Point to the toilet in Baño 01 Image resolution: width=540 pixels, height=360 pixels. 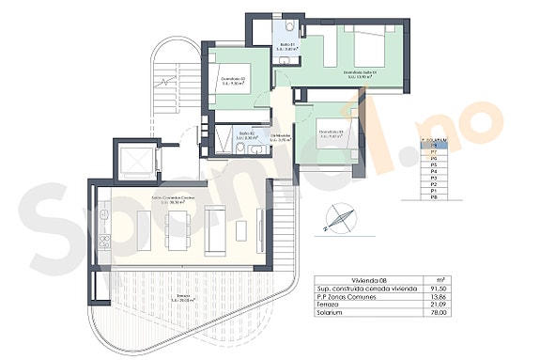click(291, 25)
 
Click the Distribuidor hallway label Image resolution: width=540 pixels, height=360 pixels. click(282, 138)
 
